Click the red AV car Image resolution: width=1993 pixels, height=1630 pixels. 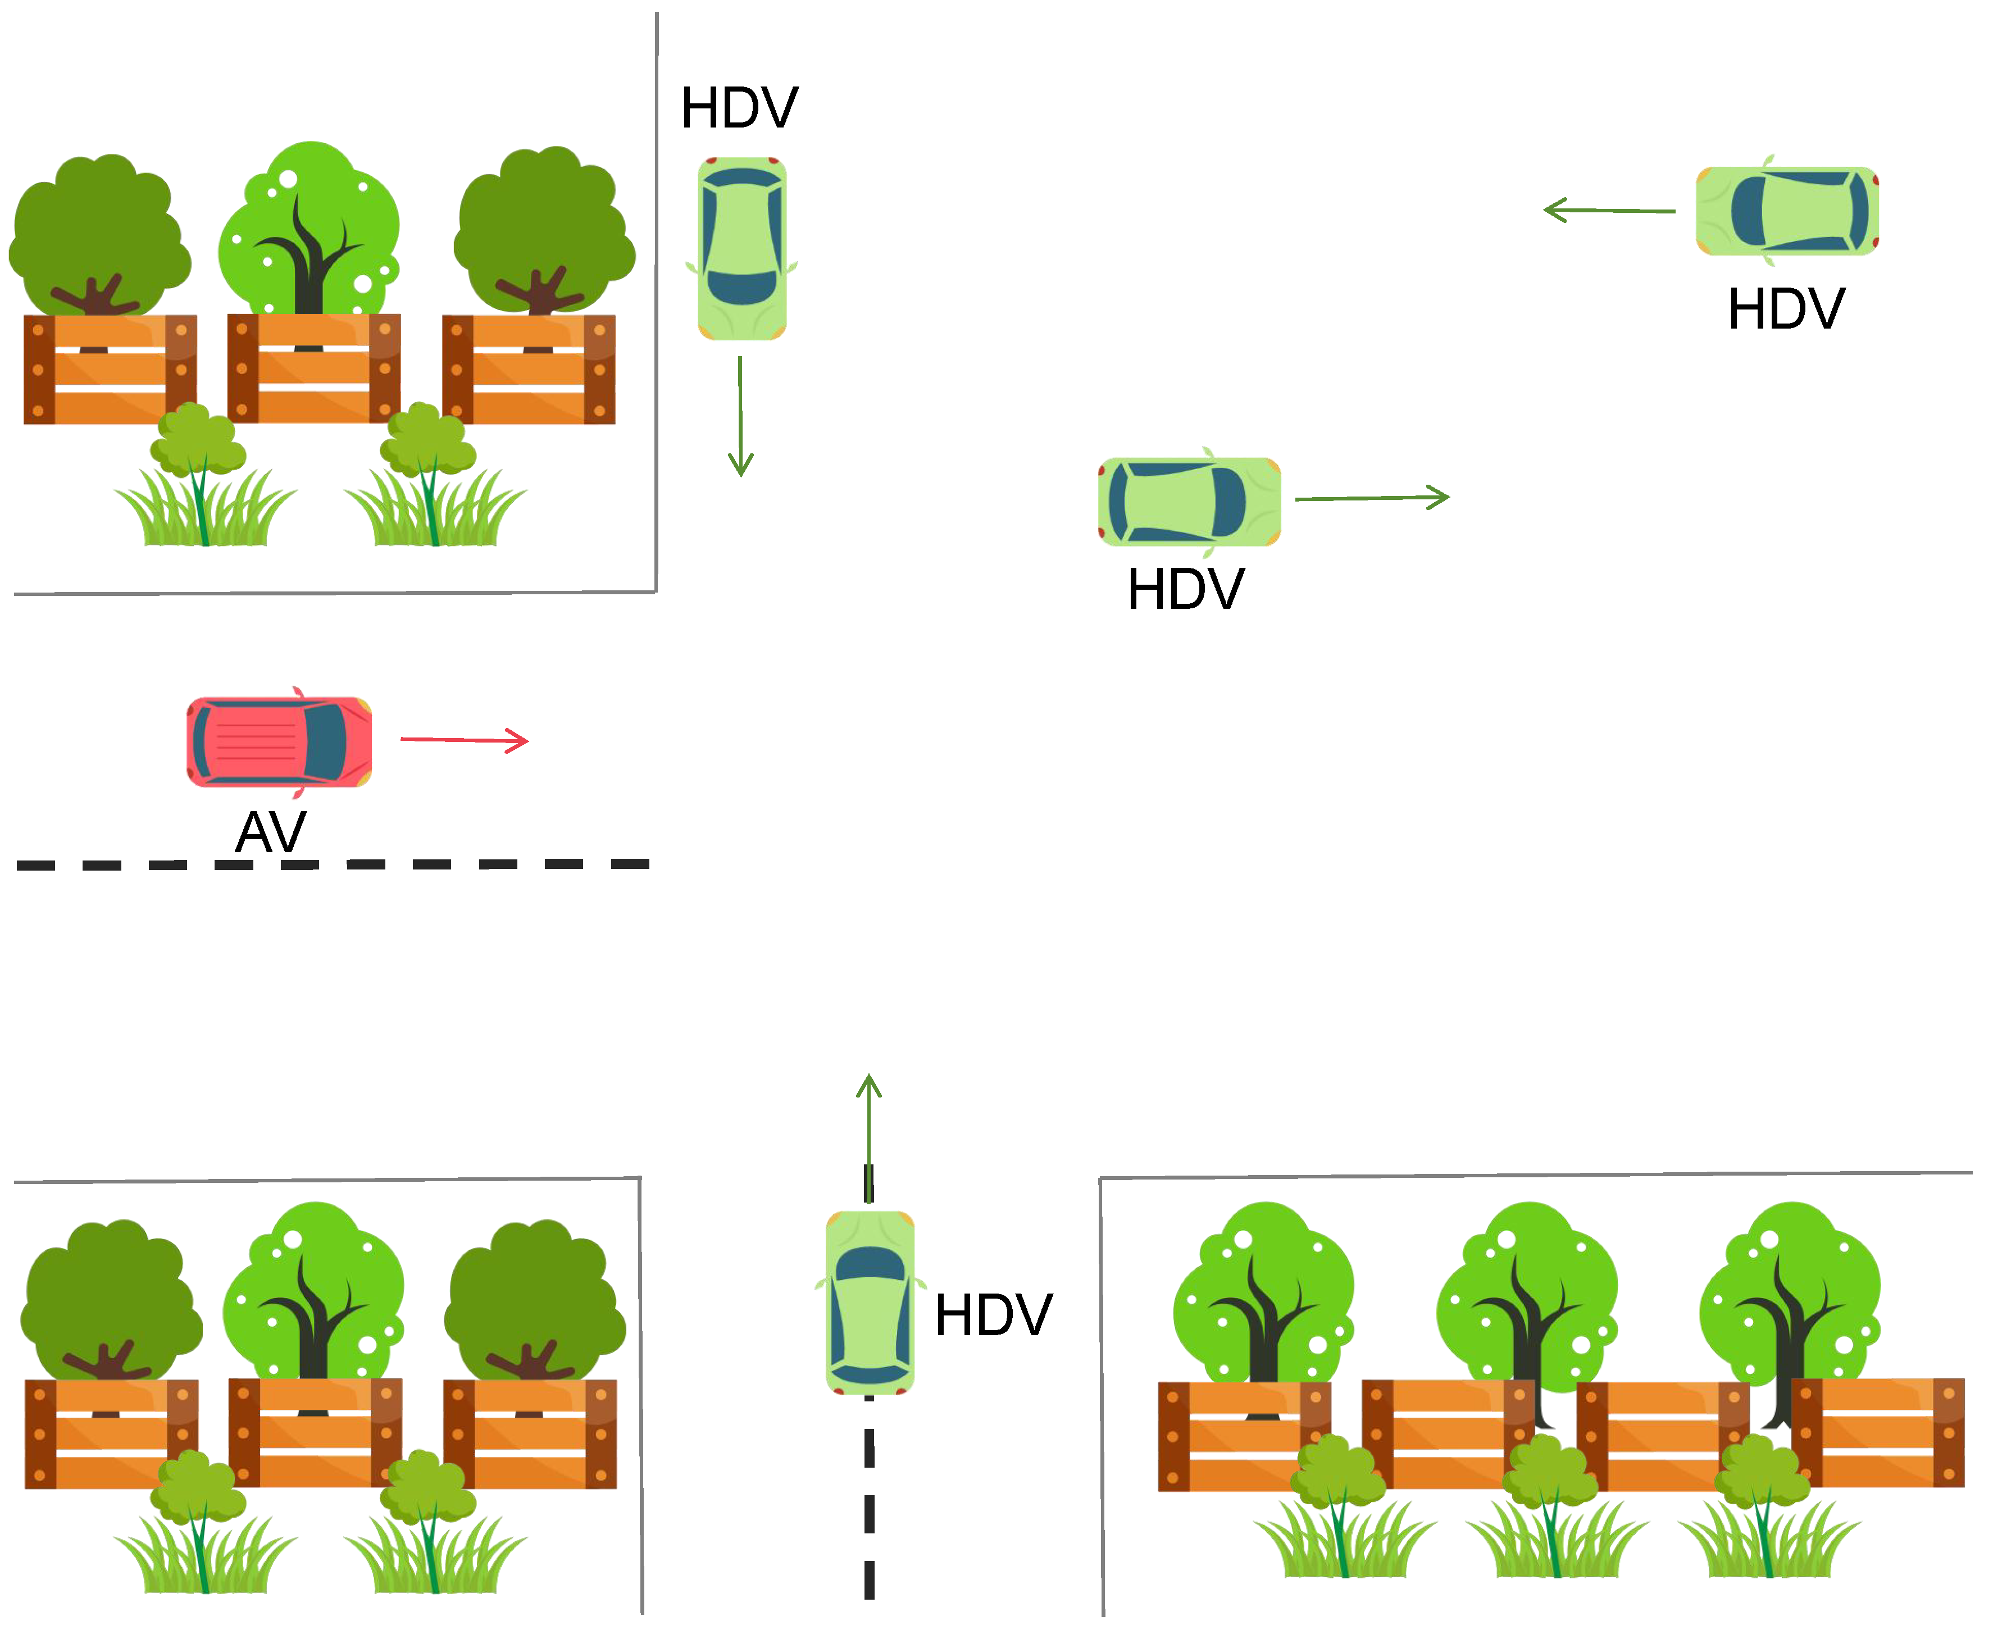(x=279, y=742)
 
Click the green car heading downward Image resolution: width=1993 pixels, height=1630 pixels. (x=741, y=249)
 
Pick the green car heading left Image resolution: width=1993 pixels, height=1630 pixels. (x=1786, y=211)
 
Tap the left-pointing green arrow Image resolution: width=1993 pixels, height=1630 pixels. (x=1609, y=210)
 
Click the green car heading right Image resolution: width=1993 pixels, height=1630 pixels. (x=1189, y=502)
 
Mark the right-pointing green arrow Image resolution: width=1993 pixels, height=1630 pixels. (x=1372, y=498)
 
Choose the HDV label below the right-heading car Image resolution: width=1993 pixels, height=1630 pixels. (x=1186, y=590)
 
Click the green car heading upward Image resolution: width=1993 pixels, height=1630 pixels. (x=870, y=1303)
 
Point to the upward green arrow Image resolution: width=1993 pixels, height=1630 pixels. (x=870, y=1136)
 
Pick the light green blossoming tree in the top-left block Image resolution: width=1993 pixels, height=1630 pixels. (x=310, y=230)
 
